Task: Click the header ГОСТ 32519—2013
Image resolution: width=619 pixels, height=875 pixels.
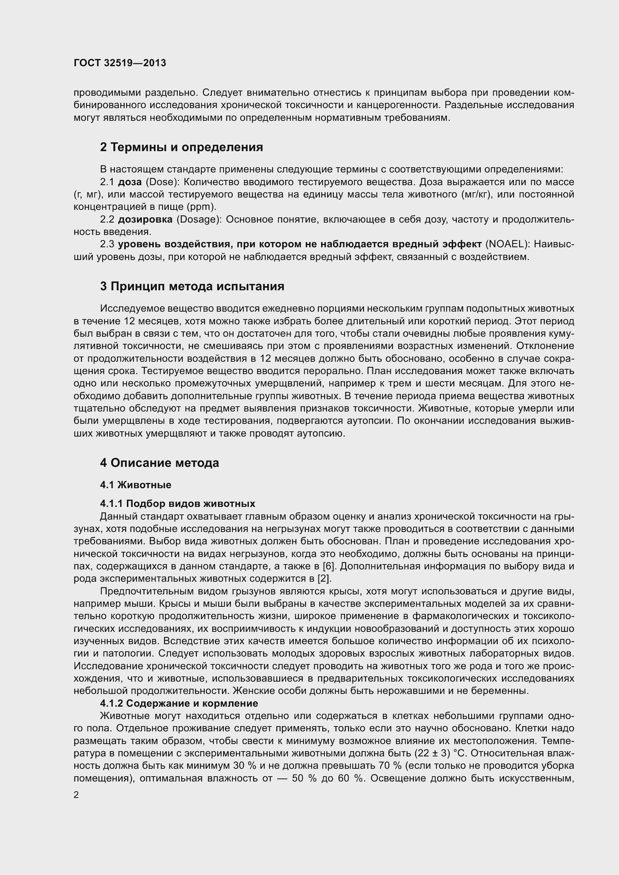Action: tap(120, 63)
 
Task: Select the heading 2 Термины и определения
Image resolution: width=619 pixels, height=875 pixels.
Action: tap(182, 147)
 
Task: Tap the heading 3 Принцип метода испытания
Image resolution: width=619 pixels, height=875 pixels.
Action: tap(192, 286)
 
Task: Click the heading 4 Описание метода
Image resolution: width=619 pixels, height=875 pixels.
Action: tap(159, 463)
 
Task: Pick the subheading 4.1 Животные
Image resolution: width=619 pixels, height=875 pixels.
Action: tap(136, 485)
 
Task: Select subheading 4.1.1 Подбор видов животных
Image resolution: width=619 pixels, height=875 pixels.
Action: tap(178, 504)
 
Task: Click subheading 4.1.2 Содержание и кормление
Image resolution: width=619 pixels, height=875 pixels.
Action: tap(179, 703)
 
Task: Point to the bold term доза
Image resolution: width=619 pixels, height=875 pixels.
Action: tap(129, 182)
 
